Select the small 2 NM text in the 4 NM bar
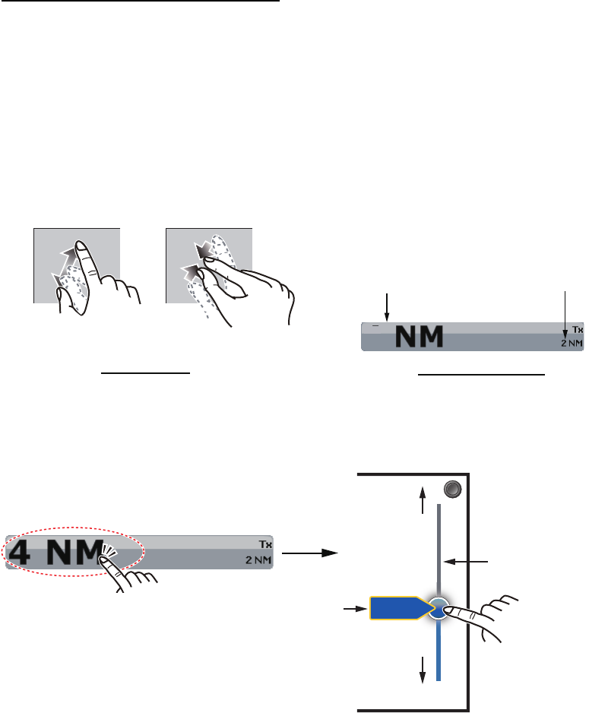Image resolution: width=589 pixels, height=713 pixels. pos(257,559)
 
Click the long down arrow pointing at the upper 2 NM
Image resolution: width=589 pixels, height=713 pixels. pos(565,313)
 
